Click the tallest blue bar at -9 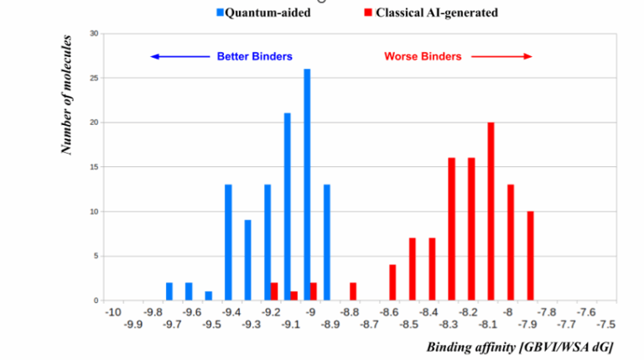(x=307, y=185)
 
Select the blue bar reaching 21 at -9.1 (x=288, y=206)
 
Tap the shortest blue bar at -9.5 (x=208, y=295)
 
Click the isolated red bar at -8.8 (x=353, y=291)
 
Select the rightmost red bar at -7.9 (x=530, y=256)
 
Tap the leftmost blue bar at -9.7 (x=169, y=291)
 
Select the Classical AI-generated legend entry (x=436, y=13)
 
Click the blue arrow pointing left (x=179, y=57)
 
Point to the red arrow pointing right (x=501, y=57)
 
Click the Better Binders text (x=255, y=57)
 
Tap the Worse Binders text (x=423, y=57)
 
